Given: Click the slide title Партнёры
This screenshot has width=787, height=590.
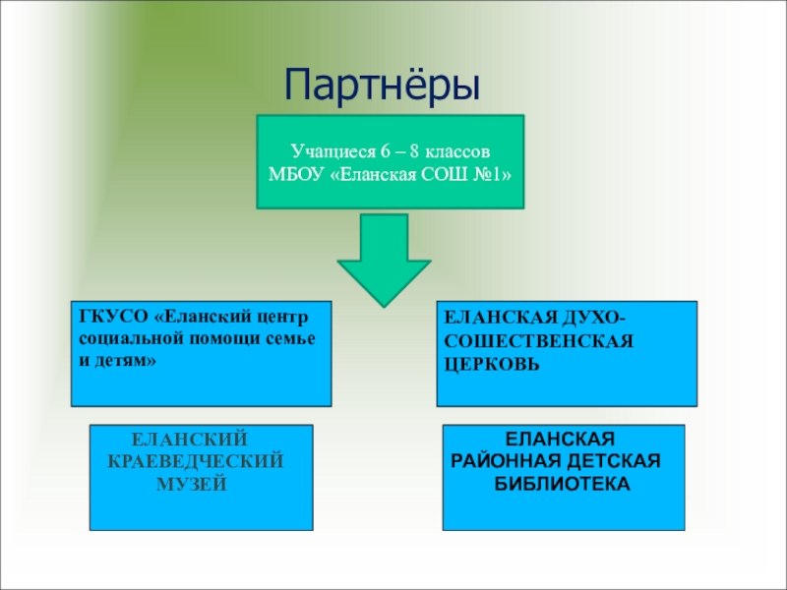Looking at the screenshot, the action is point(383,86).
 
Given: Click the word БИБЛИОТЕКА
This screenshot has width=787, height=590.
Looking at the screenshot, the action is point(562,484).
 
